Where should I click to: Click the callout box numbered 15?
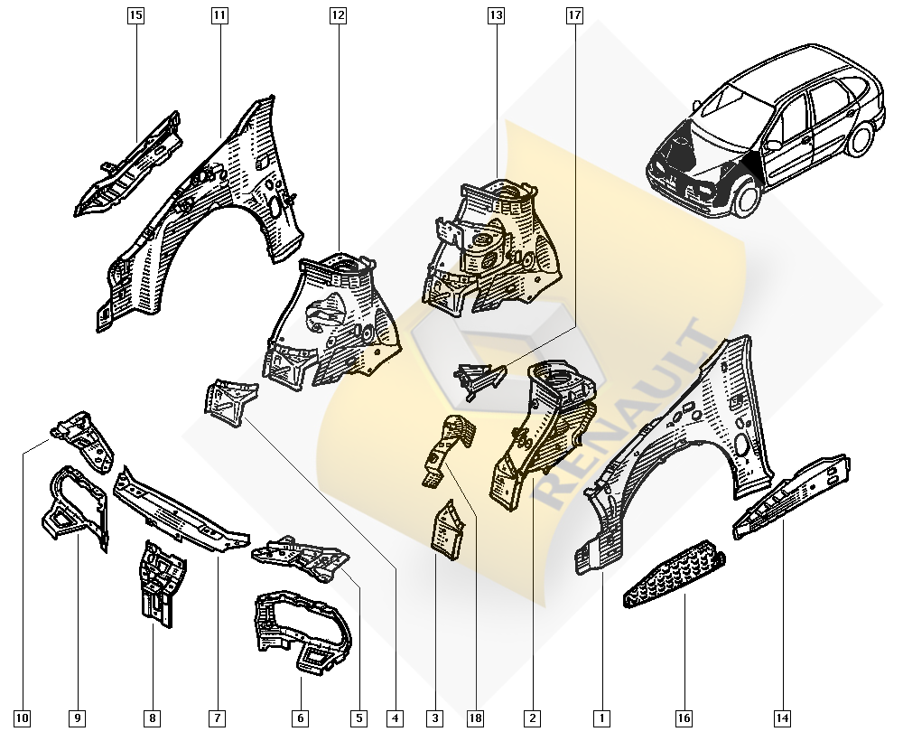pos(135,15)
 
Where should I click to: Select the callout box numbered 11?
pos(219,15)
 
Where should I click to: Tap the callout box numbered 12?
pos(338,15)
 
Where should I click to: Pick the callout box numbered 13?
pos(496,15)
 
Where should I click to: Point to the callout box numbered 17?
pos(574,15)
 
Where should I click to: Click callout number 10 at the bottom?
pos(22,718)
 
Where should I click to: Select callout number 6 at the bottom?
pos(301,718)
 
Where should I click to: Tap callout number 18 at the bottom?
pos(476,718)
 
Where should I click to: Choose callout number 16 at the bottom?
pos(684,718)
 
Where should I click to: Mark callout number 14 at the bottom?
pos(783,718)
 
